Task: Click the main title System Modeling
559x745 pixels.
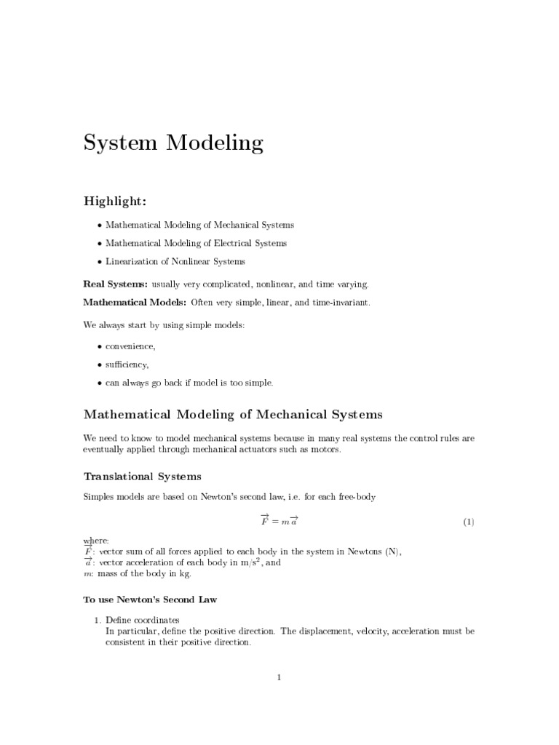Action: pyautogui.click(x=173, y=143)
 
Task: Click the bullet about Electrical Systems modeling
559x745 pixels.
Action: pyautogui.click(x=197, y=243)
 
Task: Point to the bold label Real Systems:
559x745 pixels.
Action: pyautogui.click(x=116, y=284)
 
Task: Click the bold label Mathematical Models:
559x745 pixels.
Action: pyautogui.click(x=135, y=302)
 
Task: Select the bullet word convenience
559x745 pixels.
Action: pyautogui.click(x=130, y=346)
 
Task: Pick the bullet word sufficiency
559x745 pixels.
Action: pyautogui.click(x=127, y=364)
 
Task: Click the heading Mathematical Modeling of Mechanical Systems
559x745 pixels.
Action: pyautogui.click(x=233, y=415)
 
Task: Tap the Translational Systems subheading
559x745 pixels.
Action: pyautogui.click(x=143, y=477)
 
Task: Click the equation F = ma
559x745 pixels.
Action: pyautogui.click(x=279, y=521)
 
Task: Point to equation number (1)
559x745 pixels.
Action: pyautogui.click(x=469, y=522)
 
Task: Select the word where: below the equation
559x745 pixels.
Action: pyautogui.click(x=96, y=541)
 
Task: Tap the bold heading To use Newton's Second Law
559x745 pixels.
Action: pyautogui.click(x=151, y=600)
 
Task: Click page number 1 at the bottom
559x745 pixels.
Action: pyautogui.click(x=279, y=677)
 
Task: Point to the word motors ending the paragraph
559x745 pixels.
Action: pyautogui.click(x=323, y=450)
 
